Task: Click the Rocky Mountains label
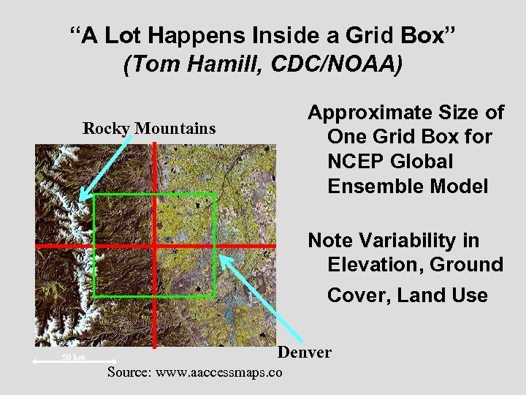(x=149, y=129)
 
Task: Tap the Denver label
(x=305, y=353)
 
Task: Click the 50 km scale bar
(x=73, y=358)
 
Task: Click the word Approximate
(x=370, y=113)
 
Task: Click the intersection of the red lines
(x=155, y=245)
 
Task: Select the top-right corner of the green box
(x=214, y=195)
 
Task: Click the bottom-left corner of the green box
(x=94, y=296)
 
